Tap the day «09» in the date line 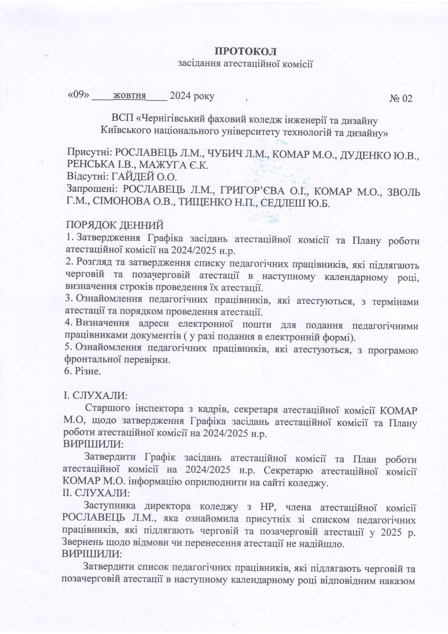[78, 96]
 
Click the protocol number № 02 [400, 99]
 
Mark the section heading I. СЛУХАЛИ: [94, 396]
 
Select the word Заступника [111, 506]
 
